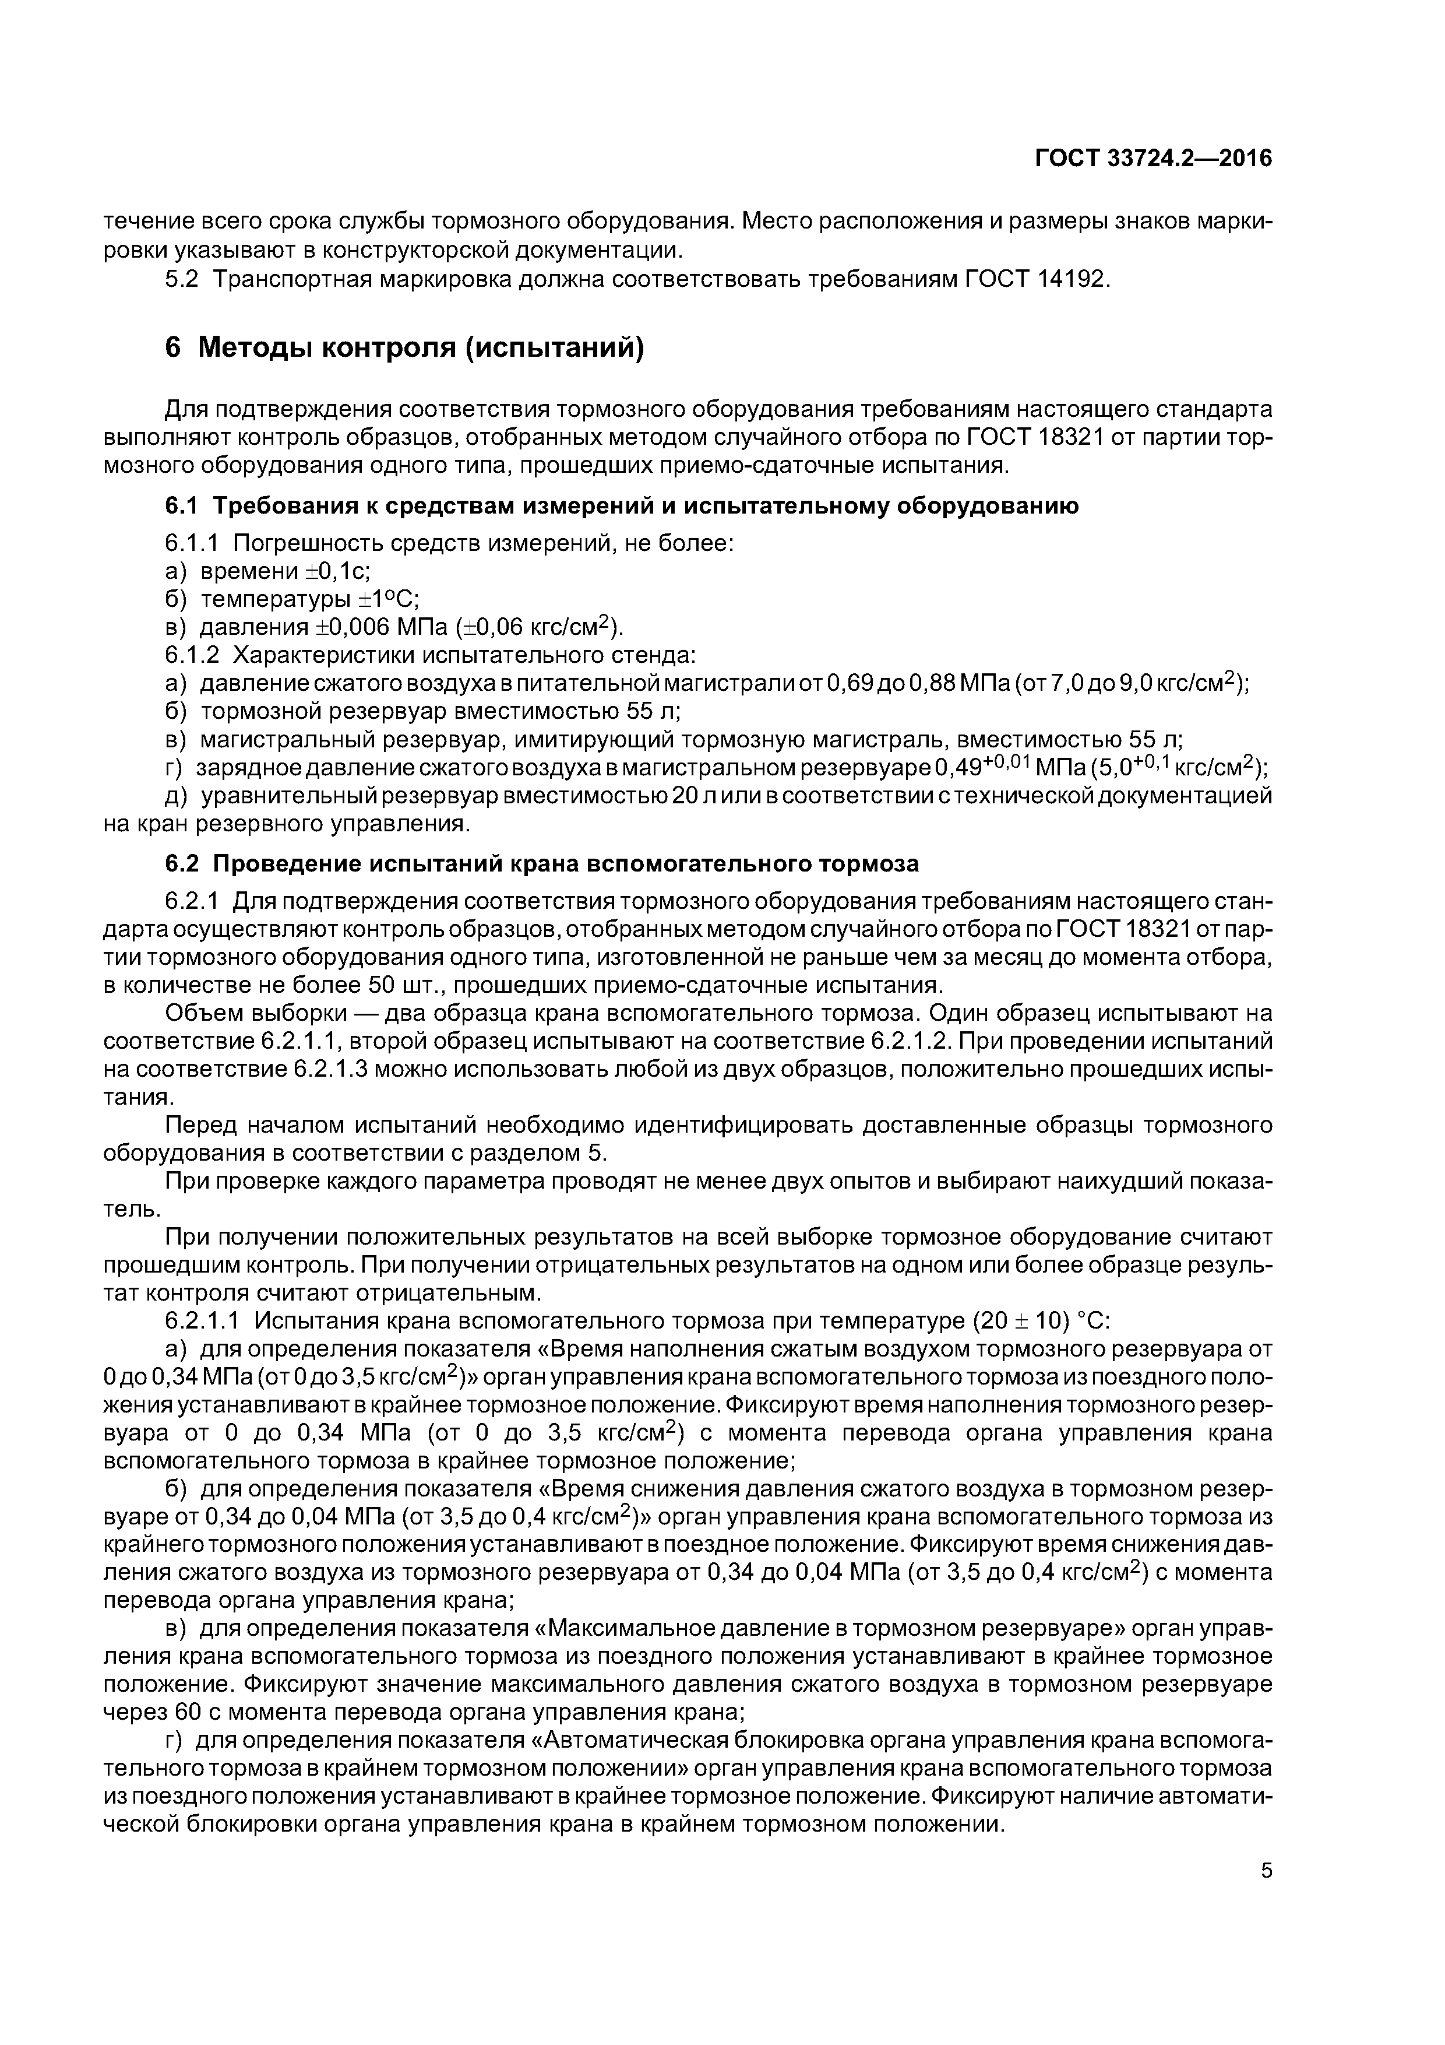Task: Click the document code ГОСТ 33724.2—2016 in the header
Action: tap(1153, 159)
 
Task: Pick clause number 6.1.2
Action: tap(192, 656)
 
